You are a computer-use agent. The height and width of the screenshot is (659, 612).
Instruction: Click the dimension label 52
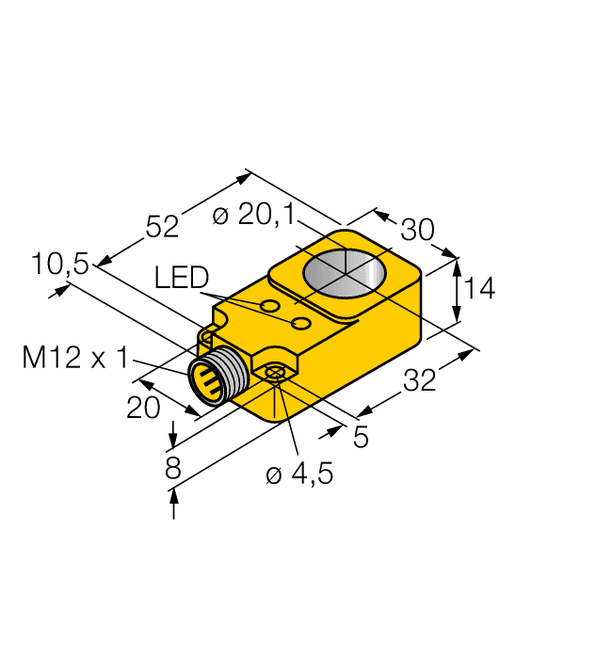click(162, 227)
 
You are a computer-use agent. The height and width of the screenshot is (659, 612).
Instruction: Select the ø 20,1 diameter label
click(253, 216)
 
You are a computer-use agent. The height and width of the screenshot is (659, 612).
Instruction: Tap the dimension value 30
click(418, 231)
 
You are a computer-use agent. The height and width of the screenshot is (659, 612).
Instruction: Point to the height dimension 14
click(480, 288)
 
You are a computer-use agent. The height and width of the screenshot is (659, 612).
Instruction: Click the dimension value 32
click(419, 381)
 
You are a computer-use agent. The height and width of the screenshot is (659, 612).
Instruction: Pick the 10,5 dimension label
click(59, 265)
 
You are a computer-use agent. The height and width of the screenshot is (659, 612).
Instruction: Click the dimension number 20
click(143, 407)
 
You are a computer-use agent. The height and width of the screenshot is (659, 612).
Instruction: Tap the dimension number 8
click(173, 468)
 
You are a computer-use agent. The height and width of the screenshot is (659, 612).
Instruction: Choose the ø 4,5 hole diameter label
click(299, 474)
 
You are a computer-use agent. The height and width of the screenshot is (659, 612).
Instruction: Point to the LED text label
click(182, 277)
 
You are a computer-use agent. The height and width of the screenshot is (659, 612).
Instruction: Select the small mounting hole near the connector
click(275, 375)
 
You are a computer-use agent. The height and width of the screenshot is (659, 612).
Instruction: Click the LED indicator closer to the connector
click(270, 307)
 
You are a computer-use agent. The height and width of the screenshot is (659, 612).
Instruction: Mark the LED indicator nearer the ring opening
click(301, 324)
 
